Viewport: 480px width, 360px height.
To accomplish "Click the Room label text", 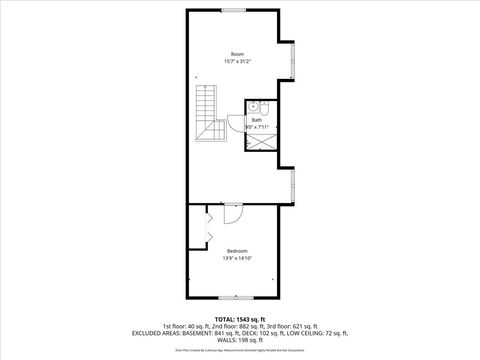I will pyautogui.click(x=237, y=53).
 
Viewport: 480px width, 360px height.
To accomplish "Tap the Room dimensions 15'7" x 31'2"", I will pyautogui.click(x=237, y=61).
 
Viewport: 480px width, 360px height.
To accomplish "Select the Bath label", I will pyautogui.click(x=256, y=119).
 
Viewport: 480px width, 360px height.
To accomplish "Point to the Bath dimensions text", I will pyautogui.click(x=256, y=127).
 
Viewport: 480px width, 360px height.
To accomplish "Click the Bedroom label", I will pyautogui.click(x=237, y=249).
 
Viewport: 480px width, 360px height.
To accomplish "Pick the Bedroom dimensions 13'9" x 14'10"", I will pyautogui.click(x=237, y=257).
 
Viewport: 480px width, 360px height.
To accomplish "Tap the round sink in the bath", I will pyautogui.click(x=254, y=105).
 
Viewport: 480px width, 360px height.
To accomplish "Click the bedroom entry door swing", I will pyautogui.click(x=231, y=214).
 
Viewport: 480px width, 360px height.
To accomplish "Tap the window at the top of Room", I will pyautogui.click(x=236, y=9).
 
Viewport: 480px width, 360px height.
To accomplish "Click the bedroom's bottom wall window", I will pyautogui.click(x=236, y=299).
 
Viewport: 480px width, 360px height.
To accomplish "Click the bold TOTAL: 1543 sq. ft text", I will pyautogui.click(x=237, y=319).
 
